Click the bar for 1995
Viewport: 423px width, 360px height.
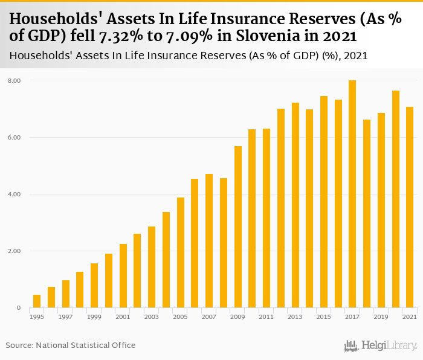click(37, 301)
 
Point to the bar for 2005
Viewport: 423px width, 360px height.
click(180, 253)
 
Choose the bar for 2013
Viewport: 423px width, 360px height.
click(295, 205)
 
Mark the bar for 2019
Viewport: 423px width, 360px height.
click(381, 211)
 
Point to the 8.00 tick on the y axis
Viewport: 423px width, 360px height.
click(15, 80)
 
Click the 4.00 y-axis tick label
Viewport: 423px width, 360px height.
click(15, 194)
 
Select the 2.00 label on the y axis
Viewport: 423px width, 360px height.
click(15, 251)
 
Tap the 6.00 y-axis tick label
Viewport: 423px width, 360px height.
click(15, 138)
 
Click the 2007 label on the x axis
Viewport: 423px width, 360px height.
click(209, 317)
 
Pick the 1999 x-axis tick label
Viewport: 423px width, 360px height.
click(94, 317)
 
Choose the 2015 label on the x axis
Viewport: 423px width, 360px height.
click(324, 317)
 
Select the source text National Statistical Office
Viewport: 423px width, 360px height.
click(86, 345)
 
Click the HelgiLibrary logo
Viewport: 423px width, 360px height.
click(381, 346)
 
